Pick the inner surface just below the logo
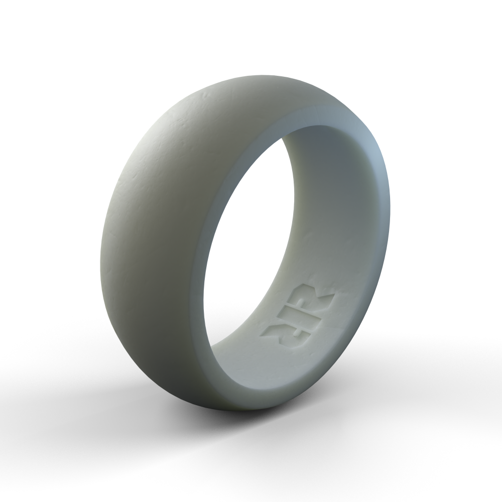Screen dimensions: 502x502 (261, 361)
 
